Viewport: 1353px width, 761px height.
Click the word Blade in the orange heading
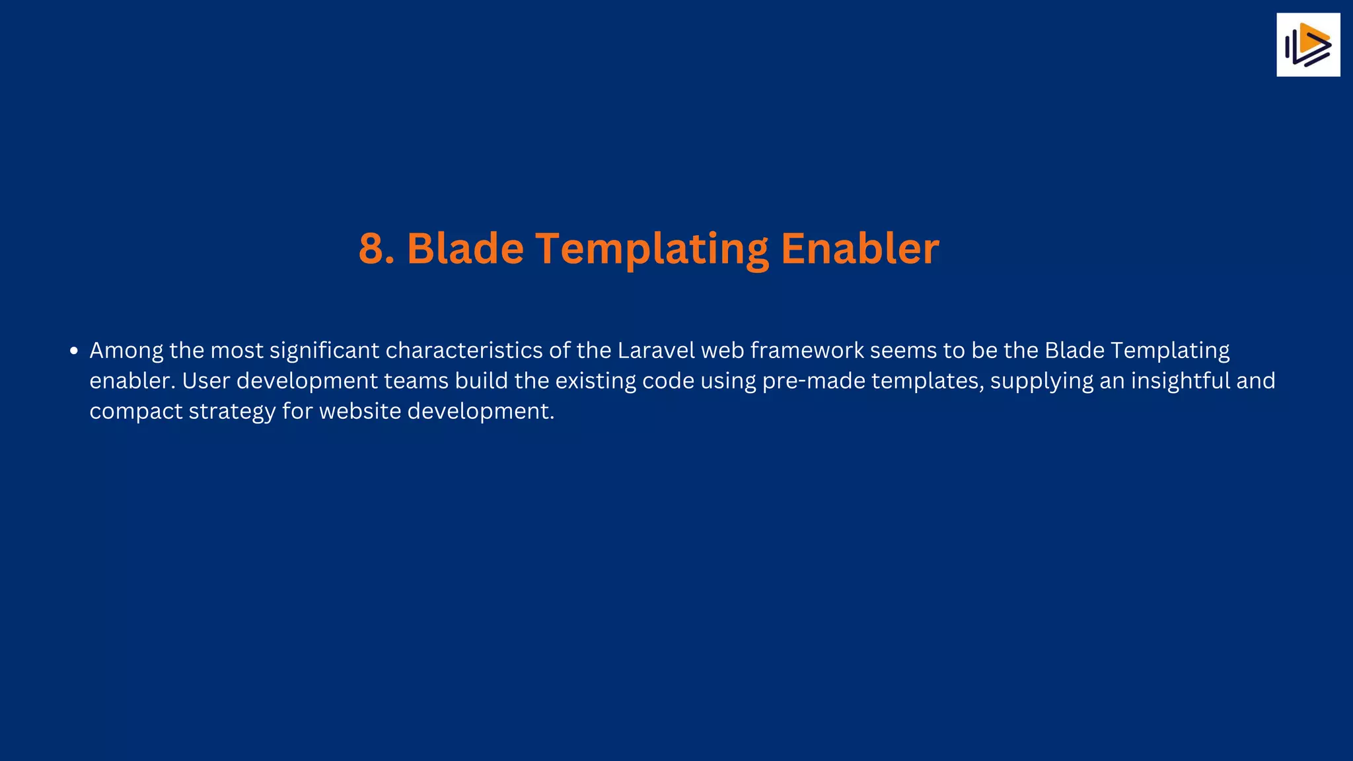(465, 249)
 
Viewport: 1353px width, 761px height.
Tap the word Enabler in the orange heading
(859, 249)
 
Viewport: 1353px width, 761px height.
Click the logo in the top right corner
(1307, 45)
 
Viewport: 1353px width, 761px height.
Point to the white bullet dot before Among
(74, 351)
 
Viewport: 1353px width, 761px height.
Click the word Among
(126, 351)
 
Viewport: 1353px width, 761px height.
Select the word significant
(324, 351)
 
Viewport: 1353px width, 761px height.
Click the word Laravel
(656, 350)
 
